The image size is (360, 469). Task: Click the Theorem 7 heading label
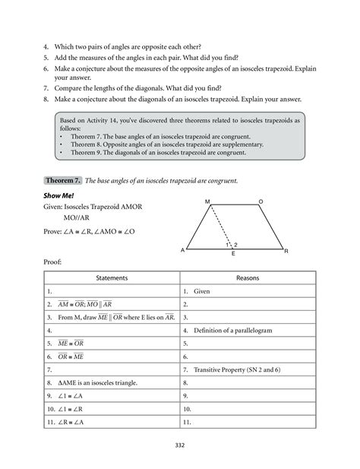(x=64, y=181)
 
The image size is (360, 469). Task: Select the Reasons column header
(x=248, y=278)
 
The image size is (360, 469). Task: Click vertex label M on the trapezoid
(x=207, y=201)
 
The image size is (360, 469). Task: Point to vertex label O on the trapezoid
(x=261, y=201)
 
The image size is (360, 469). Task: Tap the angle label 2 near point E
(x=236, y=244)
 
